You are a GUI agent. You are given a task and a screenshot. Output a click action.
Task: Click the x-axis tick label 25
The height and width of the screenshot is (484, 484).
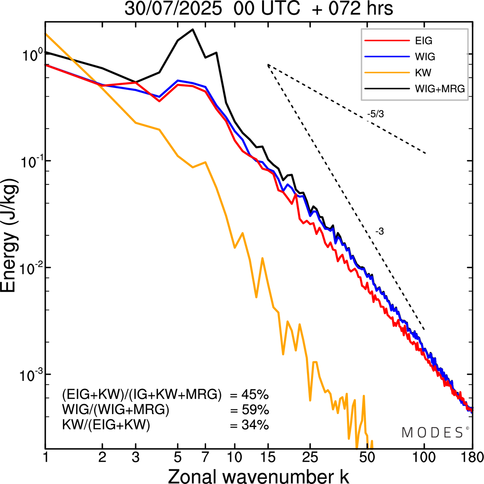[310, 458]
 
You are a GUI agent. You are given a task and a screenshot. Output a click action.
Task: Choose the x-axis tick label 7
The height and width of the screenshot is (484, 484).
[205, 458]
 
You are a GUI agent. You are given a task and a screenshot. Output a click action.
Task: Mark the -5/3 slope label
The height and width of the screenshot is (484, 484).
[375, 114]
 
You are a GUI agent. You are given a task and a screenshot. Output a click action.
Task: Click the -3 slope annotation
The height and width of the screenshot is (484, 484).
[380, 232]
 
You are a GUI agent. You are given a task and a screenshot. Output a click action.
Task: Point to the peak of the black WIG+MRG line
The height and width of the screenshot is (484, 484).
[193, 29]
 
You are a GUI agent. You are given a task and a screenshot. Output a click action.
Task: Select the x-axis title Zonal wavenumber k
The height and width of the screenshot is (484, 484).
[258, 476]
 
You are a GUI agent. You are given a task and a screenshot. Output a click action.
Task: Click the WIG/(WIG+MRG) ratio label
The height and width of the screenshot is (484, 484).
[116, 410]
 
